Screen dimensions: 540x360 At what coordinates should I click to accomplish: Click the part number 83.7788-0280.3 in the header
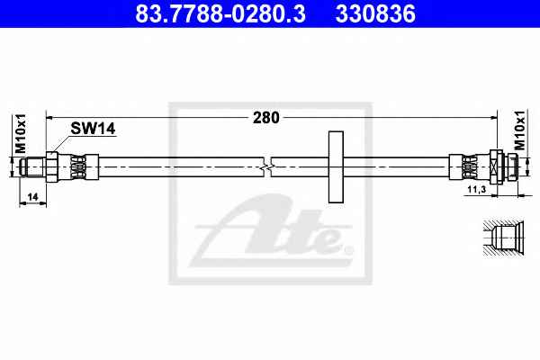pyautogui.click(x=220, y=13)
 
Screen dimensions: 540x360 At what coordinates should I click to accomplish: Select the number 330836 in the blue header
pyautogui.click(x=375, y=13)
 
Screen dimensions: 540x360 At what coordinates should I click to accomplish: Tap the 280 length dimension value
pyautogui.click(x=266, y=118)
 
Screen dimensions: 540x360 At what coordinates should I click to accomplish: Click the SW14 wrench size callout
pyautogui.click(x=93, y=129)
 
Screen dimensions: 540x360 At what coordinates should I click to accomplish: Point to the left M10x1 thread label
pyautogui.click(x=21, y=134)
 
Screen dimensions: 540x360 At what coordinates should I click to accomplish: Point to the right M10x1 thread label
pyautogui.click(x=519, y=130)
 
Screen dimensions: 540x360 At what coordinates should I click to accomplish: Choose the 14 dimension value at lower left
pyautogui.click(x=32, y=197)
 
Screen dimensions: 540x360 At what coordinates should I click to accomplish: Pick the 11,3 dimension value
pyautogui.click(x=477, y=189)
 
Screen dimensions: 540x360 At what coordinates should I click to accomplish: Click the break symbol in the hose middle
pyautogui.click(x=267, y=166)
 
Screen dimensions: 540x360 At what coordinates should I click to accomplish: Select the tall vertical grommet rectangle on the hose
pyautogui.click(x=336, y=166)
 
